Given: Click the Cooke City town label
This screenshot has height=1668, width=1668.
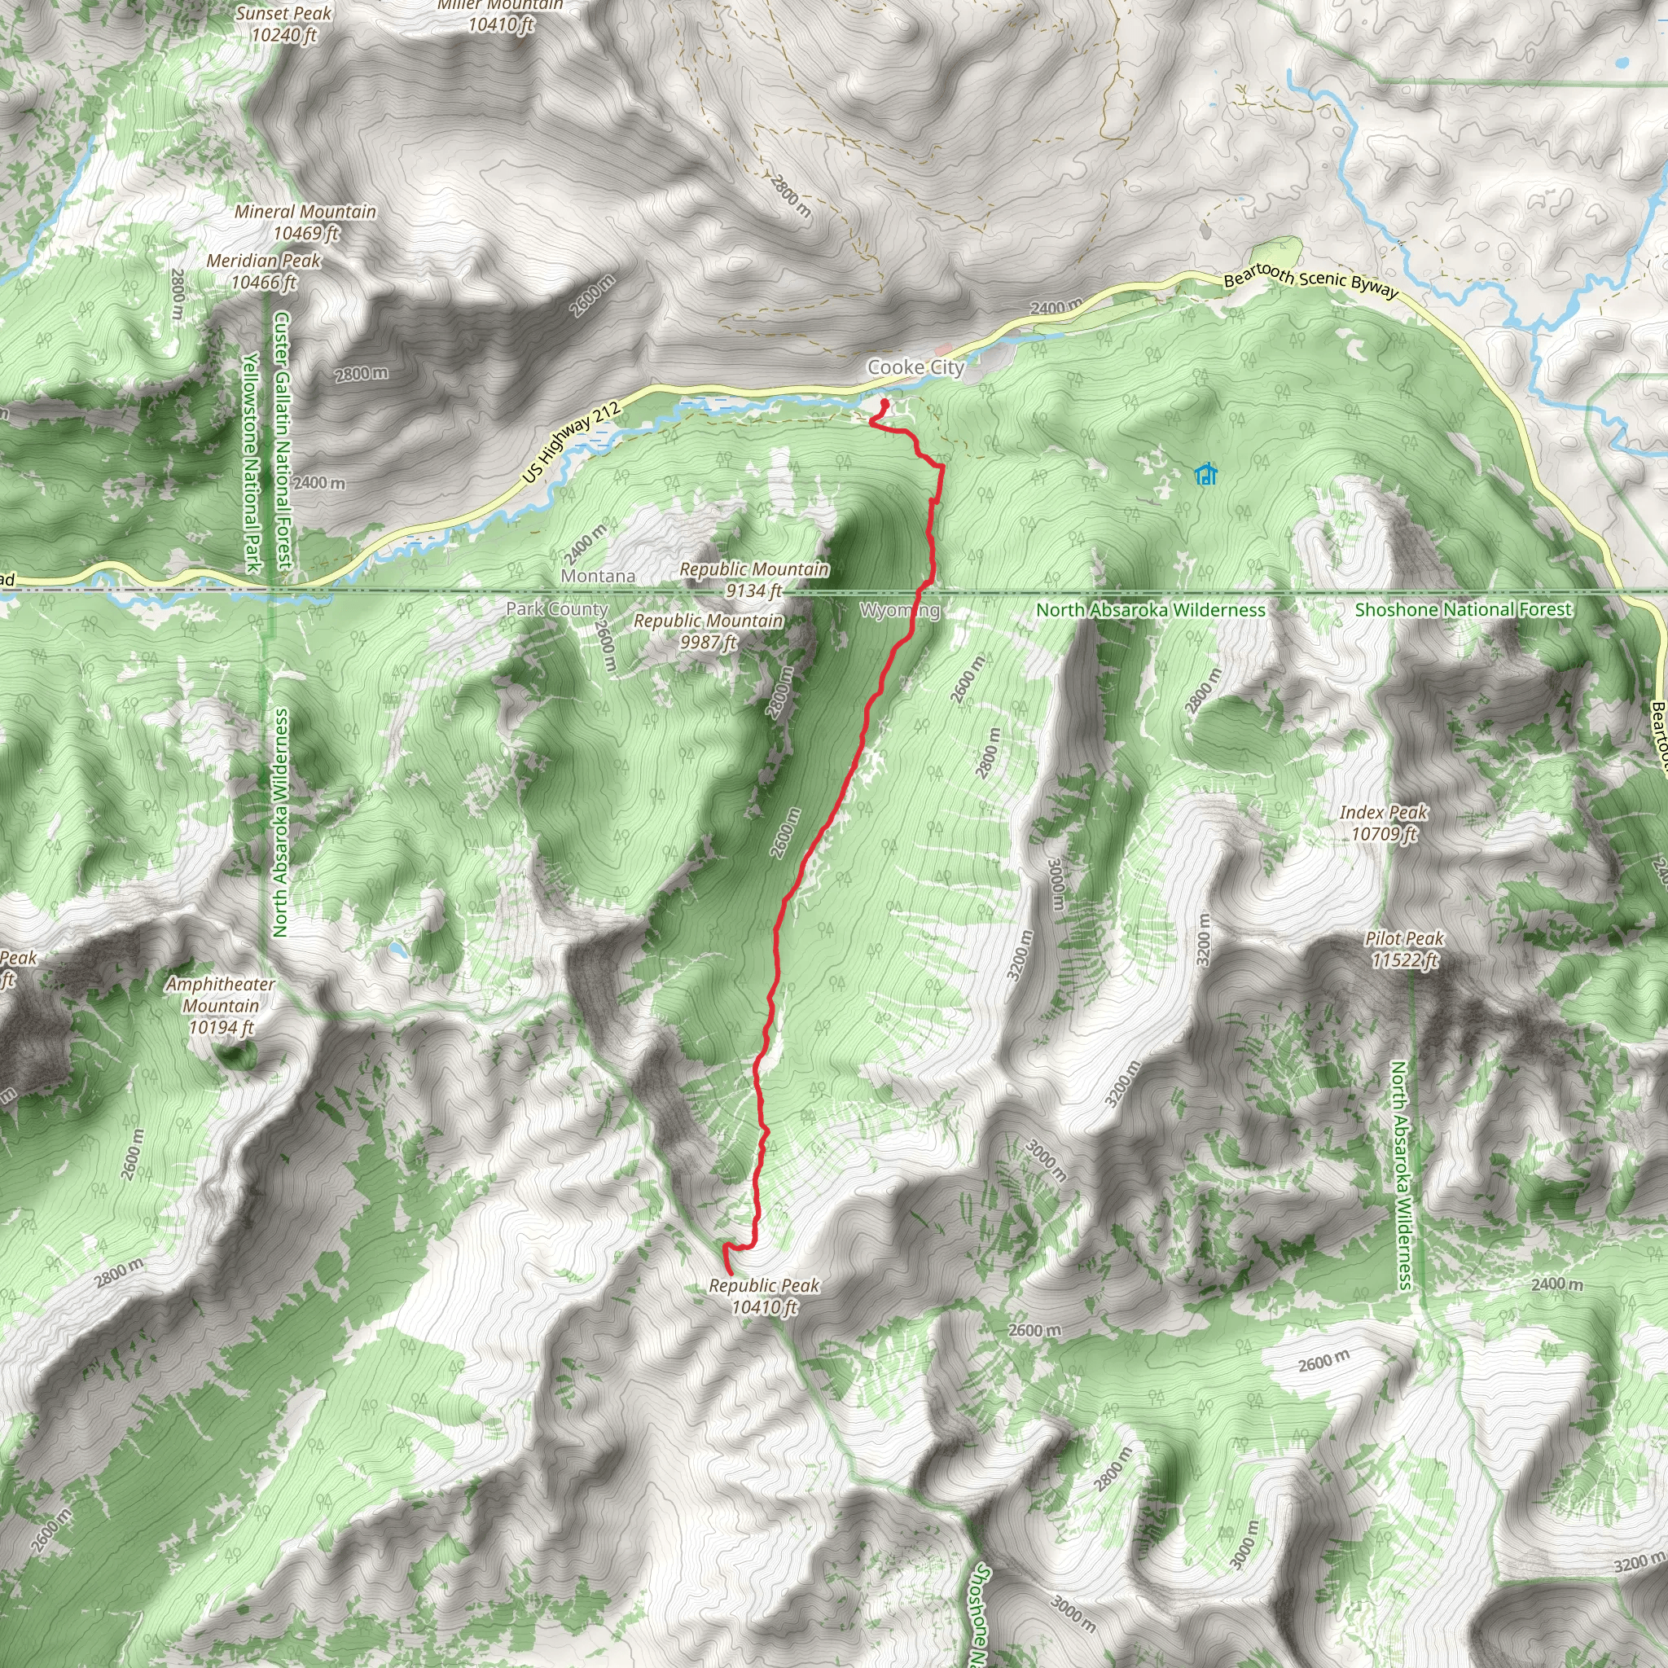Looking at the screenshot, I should [x=915, y=368].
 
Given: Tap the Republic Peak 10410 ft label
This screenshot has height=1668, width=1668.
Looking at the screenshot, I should [x=764, y=1296].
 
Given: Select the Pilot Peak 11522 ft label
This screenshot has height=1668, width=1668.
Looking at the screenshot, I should [x=1405, y=949].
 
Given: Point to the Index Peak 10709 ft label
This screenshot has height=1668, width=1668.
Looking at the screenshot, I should [x=1384, y=823].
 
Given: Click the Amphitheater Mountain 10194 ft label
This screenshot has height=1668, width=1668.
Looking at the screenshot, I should [x=221, y=1006].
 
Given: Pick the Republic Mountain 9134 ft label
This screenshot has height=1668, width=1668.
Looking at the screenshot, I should [x=753, y=580].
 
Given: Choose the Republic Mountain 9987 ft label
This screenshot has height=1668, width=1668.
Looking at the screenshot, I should [x=708, y=631].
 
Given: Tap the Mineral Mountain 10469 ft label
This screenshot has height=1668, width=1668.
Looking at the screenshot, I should [x=305, y=222].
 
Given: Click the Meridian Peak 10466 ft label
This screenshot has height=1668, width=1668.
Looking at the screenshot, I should [x=263, y=271].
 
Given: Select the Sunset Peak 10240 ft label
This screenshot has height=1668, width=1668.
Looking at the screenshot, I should [x=284, y=24].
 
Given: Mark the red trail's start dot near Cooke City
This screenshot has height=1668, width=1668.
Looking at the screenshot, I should [x=884, y=403].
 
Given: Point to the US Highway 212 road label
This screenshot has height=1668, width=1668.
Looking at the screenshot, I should [x=572, y=442].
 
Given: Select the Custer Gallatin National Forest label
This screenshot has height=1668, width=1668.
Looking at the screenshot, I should [x=283, y=441].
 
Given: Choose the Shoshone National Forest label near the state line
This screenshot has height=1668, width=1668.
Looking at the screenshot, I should [x=1464, y=609].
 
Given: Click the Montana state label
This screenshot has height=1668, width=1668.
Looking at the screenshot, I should [x=599, y=576].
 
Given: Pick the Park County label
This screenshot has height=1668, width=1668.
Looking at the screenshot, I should [x=557, y=608].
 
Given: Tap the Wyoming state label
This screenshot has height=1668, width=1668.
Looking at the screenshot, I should [x=900, y=610].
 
